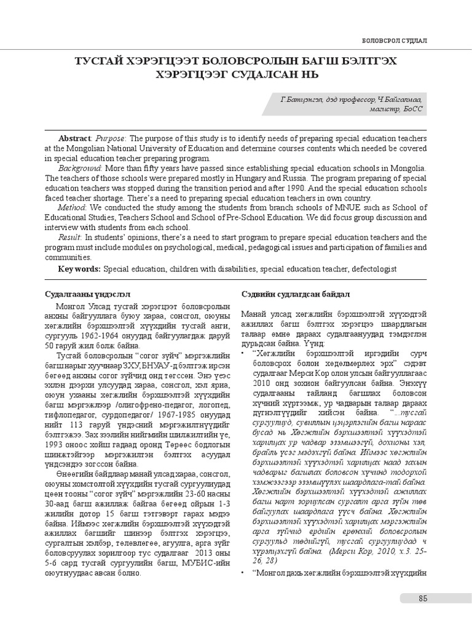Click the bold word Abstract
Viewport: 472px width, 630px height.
(74, 138)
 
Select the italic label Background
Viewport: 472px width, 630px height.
(79, 168)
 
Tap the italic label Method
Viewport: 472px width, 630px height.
(73, 208)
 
